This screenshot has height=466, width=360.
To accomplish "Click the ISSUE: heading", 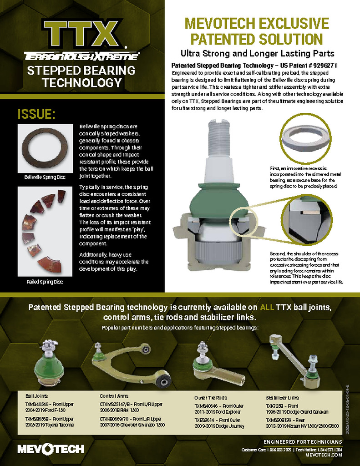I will click(x=36, y=114).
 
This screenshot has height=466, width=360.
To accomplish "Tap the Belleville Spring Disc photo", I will click(x=45, y=148).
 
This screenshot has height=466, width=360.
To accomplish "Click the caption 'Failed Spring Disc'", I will click(x=45, y=282).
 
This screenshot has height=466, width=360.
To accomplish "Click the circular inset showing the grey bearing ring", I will click(x=304, y=137).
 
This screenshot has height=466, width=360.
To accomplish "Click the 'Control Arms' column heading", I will click(x=115, y=396).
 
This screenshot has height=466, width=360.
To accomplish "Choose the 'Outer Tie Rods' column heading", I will click(x=211, y=397).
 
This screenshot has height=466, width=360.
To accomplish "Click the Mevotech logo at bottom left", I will click(x=51, y=449).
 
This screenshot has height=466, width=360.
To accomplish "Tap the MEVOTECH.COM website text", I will click(x=324, y=455).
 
